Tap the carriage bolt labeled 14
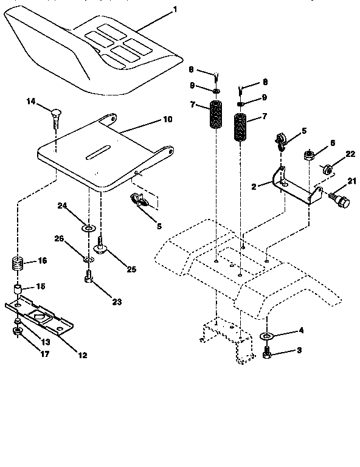(x=55, y=115)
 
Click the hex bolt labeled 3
(x=267, y=352)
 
